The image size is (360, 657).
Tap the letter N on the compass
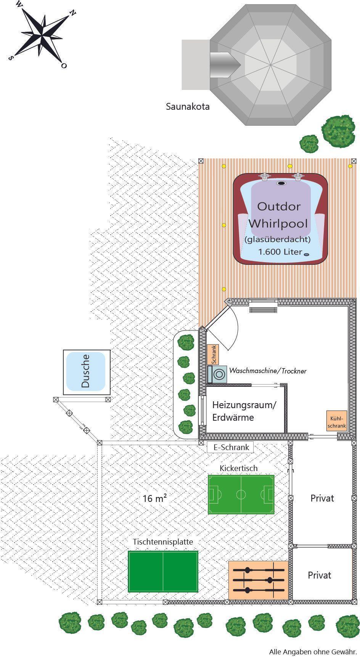72,13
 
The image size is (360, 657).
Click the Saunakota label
188,107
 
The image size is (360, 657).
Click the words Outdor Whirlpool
278,215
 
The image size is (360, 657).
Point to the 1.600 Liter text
280,252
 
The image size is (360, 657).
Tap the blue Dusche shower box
86,371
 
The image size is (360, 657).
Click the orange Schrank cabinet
214,354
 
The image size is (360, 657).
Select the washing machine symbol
217,374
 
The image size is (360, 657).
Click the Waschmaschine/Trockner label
268,371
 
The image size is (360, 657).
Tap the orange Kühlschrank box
336,421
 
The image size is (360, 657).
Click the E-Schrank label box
230,447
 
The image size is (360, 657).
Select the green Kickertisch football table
241,495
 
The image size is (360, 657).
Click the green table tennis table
163,571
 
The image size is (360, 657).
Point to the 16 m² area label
155,498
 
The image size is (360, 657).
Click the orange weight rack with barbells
259,580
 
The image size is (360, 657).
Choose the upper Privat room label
322,498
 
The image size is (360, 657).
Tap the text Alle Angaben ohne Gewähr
313,652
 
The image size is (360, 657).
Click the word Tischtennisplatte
163,542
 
